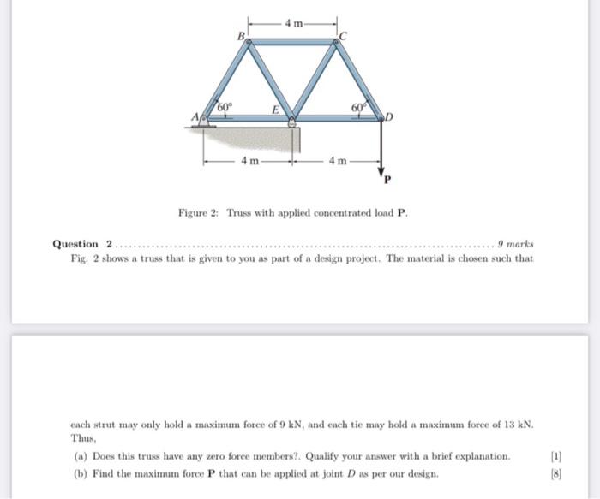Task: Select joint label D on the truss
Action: [x=389, y=116]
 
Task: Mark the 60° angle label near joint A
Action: [x=225, y=105]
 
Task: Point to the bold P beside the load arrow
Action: [x=387, y=181]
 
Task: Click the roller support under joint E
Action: [x=293, y=123]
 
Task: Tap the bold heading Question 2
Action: [x=82, y=244]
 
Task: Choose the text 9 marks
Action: [x=514, y=244]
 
